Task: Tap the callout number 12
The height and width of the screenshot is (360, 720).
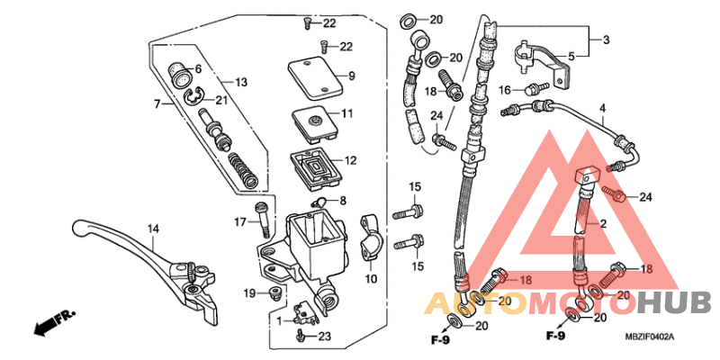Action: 349,161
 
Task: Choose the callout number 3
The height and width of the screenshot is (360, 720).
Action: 605,40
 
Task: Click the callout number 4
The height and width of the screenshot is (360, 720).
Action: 602,109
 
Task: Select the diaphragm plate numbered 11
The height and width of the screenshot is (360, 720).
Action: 316,119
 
